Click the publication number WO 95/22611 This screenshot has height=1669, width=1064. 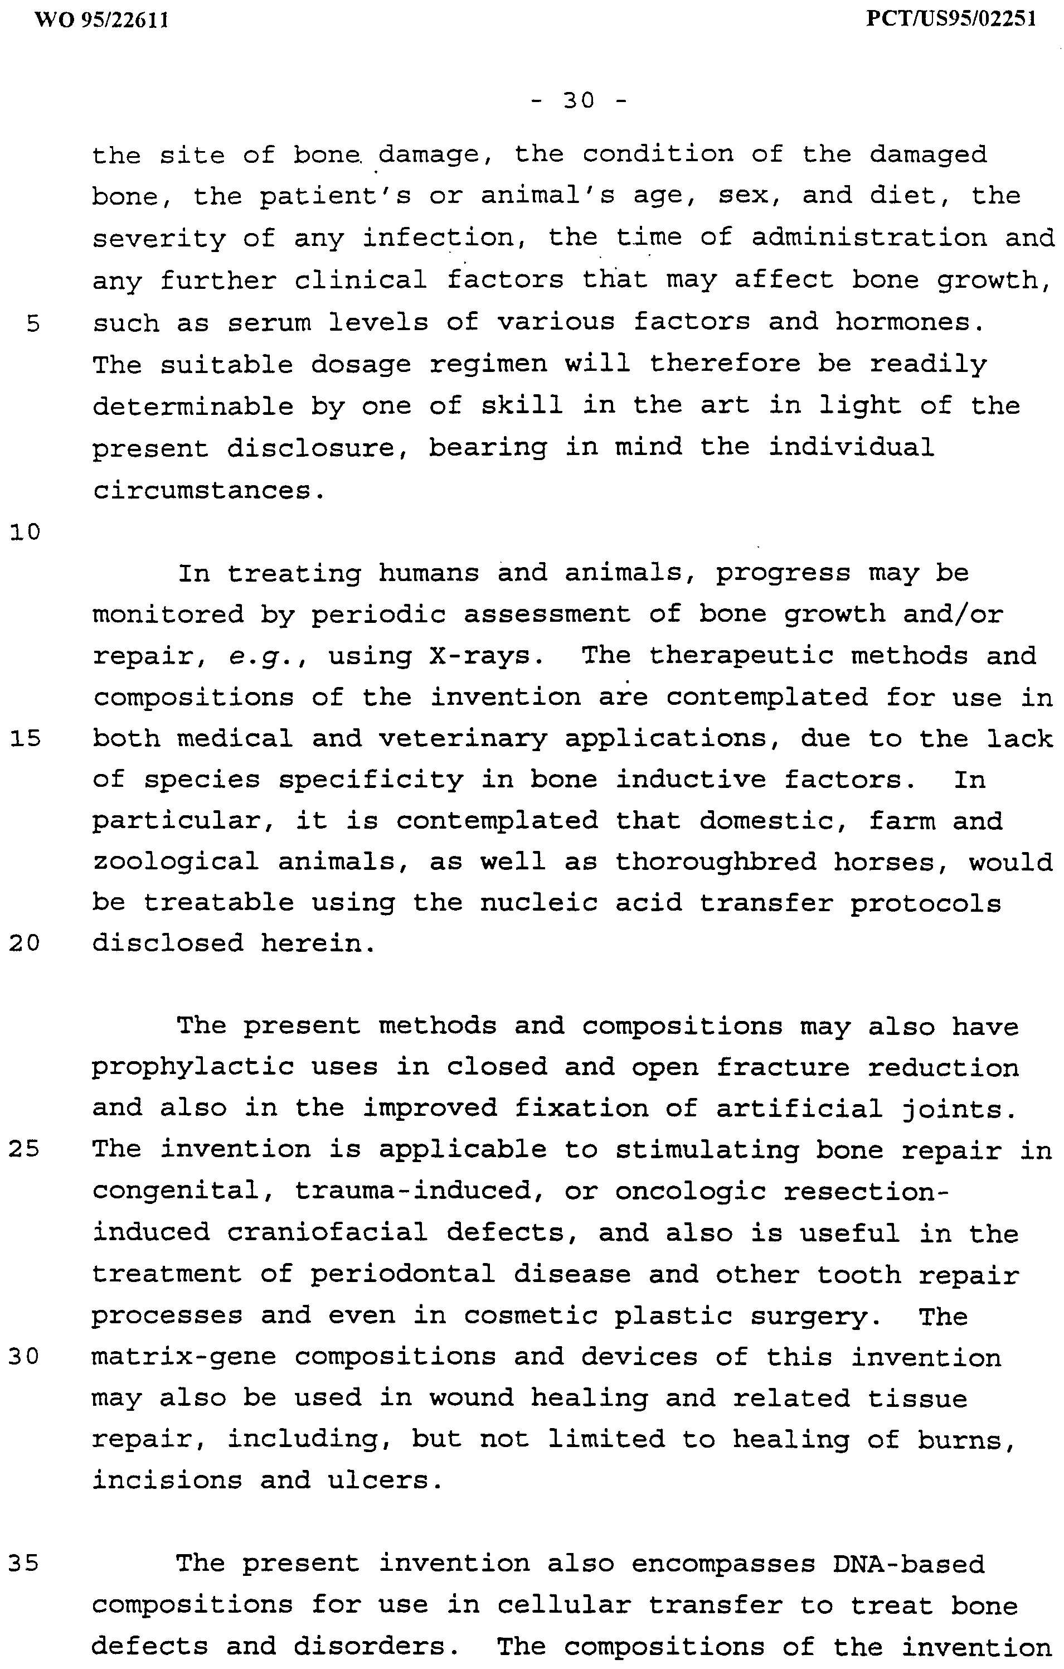(x=101, y=20)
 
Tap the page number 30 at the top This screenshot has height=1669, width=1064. (x=579, y=102)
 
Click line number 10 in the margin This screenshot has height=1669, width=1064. (x=26, y=533)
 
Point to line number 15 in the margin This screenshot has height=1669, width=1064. (x=26, y=739)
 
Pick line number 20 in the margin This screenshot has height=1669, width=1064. (x=26, y=944)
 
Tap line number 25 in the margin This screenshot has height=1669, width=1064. (x=26, y=1150)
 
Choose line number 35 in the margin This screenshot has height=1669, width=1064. (x=26, y=1563)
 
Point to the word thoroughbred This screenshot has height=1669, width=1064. (x=716, y=862)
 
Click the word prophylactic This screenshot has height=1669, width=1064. (x=193, y=1067)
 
